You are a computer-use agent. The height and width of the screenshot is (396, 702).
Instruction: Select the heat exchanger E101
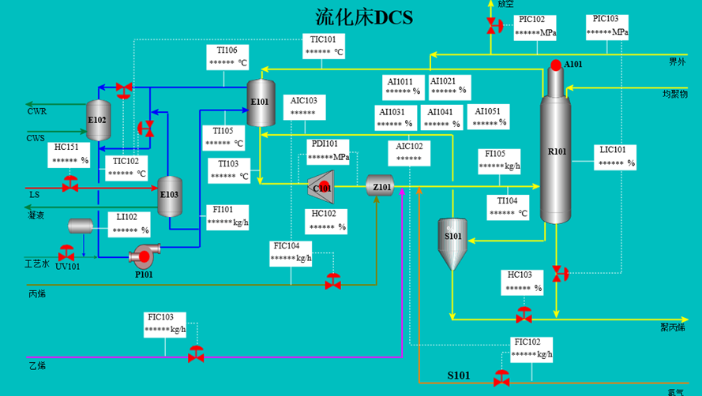[261, 103]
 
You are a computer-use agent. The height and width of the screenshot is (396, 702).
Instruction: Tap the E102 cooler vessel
[99, 121]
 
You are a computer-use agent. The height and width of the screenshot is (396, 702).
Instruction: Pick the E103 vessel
[170, 196]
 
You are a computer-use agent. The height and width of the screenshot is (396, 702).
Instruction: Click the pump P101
[145, 255]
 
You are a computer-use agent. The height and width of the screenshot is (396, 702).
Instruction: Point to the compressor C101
[321, 187]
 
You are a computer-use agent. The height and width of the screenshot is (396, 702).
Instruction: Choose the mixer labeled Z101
[380, 185]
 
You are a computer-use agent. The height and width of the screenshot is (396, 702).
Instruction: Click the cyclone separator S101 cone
[452, 244]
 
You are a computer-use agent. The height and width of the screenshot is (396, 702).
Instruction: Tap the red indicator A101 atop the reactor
[556, 65]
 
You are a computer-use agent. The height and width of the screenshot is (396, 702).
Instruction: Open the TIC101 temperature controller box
[323, 46]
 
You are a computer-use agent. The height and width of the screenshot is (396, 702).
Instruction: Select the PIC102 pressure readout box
[535, 28]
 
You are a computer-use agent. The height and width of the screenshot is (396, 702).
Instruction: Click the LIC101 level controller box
[615, 157]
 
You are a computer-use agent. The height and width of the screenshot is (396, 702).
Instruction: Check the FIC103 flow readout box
[165, 324]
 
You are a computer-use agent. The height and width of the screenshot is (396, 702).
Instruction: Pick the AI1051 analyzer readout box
[489, 117]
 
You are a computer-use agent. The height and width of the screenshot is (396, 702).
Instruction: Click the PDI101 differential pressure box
[328, 151]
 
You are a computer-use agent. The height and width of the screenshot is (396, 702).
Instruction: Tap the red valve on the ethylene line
[196, 354]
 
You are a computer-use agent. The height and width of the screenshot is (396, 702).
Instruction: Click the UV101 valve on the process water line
[66, 253]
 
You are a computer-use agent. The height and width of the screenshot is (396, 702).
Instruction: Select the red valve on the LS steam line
[69, 184]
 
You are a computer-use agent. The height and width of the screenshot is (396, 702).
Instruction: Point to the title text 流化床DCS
[364, 17]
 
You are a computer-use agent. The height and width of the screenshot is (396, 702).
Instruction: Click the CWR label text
[36, 111]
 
